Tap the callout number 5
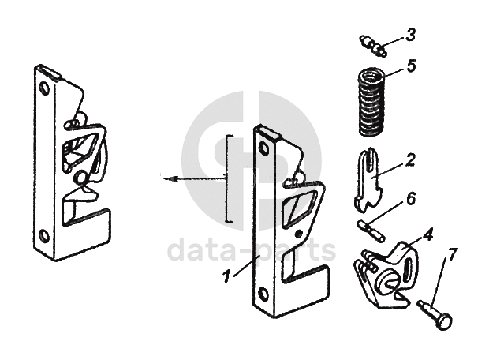click(x=411, y=66)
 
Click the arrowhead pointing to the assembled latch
click(x=163, y=179)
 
